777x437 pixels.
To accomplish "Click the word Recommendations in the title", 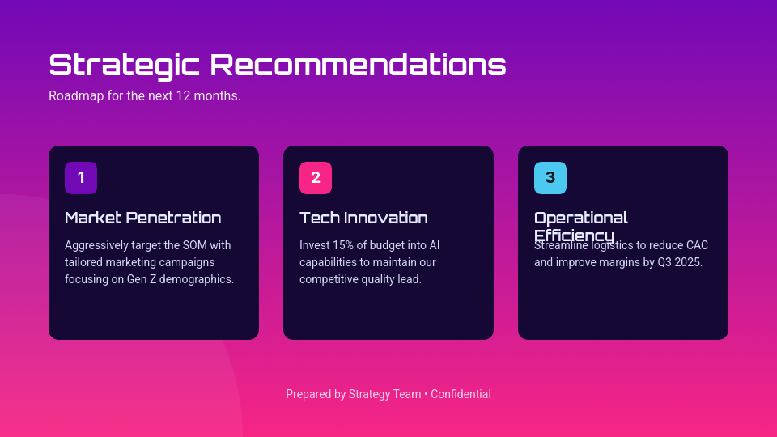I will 358,66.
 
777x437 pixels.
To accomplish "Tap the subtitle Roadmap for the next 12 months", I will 144,95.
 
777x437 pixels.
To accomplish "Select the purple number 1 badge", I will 81,178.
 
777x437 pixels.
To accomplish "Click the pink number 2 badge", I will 316,178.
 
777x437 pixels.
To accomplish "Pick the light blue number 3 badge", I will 550,178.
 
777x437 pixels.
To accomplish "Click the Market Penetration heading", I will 142,218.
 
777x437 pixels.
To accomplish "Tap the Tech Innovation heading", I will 363,218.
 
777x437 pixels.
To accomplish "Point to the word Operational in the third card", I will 580,218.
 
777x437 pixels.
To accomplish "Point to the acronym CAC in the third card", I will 697,245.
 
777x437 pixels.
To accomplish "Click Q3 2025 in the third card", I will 680,262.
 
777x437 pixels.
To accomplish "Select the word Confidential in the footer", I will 461,394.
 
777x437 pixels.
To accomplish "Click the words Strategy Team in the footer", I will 384,394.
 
